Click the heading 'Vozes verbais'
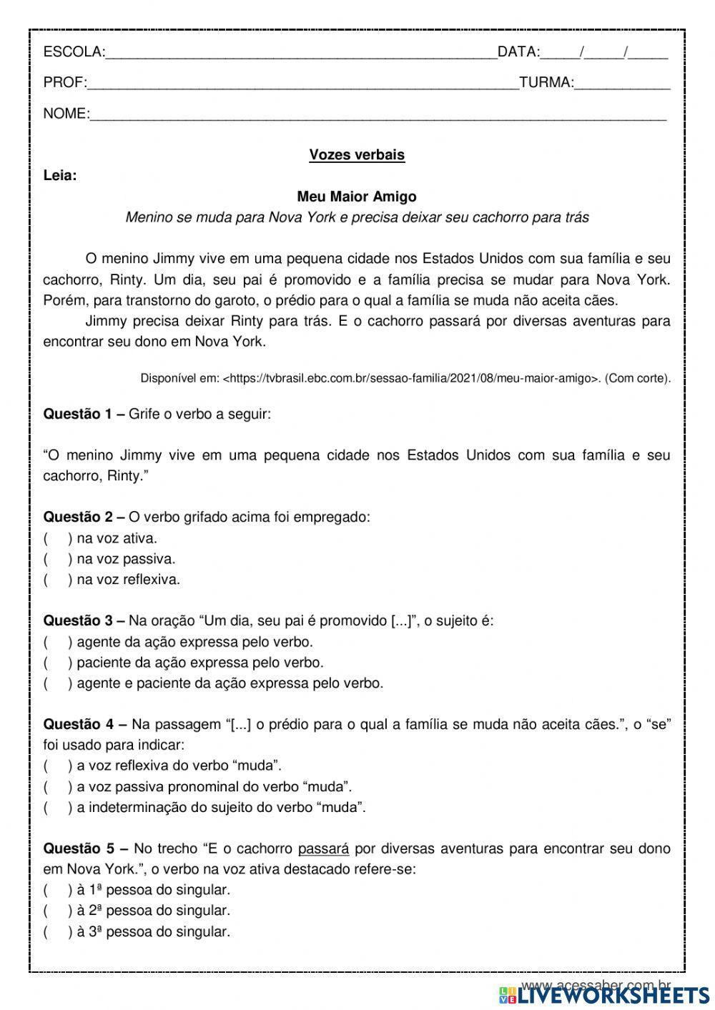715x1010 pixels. click(357, 154)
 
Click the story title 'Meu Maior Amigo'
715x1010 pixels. click(357, 196)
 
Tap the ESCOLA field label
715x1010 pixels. click(74, 51)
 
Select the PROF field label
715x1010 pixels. click(64, 83)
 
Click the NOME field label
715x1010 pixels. click(66, 114)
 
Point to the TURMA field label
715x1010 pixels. click(546, 83)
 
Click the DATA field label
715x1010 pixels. click(518, 51)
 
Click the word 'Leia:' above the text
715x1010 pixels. click(60, 175)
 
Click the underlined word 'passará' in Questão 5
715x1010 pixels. click(323, 848)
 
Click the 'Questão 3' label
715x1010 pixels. click(84, 620)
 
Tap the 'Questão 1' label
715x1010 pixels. click(84, 414)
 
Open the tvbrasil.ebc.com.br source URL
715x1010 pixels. click(411, 378)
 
